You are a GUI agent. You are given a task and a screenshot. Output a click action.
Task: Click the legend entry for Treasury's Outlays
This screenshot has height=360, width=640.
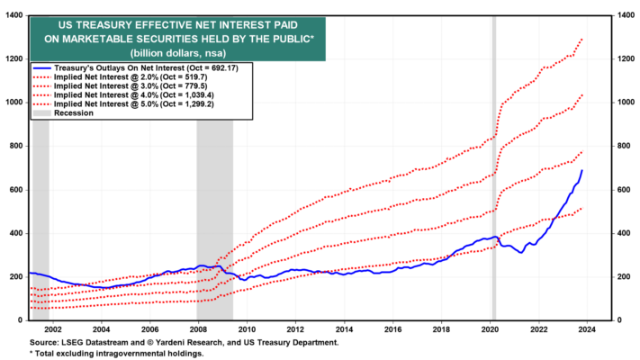click(146, 67)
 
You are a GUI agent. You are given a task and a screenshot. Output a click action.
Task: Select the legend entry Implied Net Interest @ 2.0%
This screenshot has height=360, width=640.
click(131, 76)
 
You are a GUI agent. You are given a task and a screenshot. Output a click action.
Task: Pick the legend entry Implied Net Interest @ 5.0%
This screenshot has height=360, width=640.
click(134, 103)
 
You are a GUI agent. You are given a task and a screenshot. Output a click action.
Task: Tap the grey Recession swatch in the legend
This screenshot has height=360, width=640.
click(41, 113)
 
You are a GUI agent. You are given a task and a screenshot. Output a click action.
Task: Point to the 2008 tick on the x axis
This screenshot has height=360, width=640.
click(198, 329)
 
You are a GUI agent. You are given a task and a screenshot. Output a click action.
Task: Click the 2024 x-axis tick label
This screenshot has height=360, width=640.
click(587, 329)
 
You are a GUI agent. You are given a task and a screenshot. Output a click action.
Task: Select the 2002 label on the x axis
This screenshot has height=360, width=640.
click(52, 329)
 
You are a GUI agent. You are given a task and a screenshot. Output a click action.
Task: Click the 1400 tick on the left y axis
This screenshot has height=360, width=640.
click(14, 15)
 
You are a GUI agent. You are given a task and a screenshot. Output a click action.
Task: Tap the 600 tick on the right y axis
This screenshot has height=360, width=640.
click(623, 190)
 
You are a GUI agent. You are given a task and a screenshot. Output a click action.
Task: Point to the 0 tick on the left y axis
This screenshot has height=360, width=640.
click(20, 320)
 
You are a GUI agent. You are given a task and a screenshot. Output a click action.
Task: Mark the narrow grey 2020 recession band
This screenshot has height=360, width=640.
click(494, 167)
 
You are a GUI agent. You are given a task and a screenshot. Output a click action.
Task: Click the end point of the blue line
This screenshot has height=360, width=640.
click(582, 170)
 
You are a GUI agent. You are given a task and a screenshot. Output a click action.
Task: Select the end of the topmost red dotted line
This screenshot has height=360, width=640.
click(582, 40)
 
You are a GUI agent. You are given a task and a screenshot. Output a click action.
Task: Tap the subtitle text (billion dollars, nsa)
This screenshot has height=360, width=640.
click(178, 53)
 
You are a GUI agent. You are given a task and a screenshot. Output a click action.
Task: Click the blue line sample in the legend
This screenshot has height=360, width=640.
click(41, 68)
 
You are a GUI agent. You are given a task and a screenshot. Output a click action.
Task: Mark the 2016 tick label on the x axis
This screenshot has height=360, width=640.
click(392, 329)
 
